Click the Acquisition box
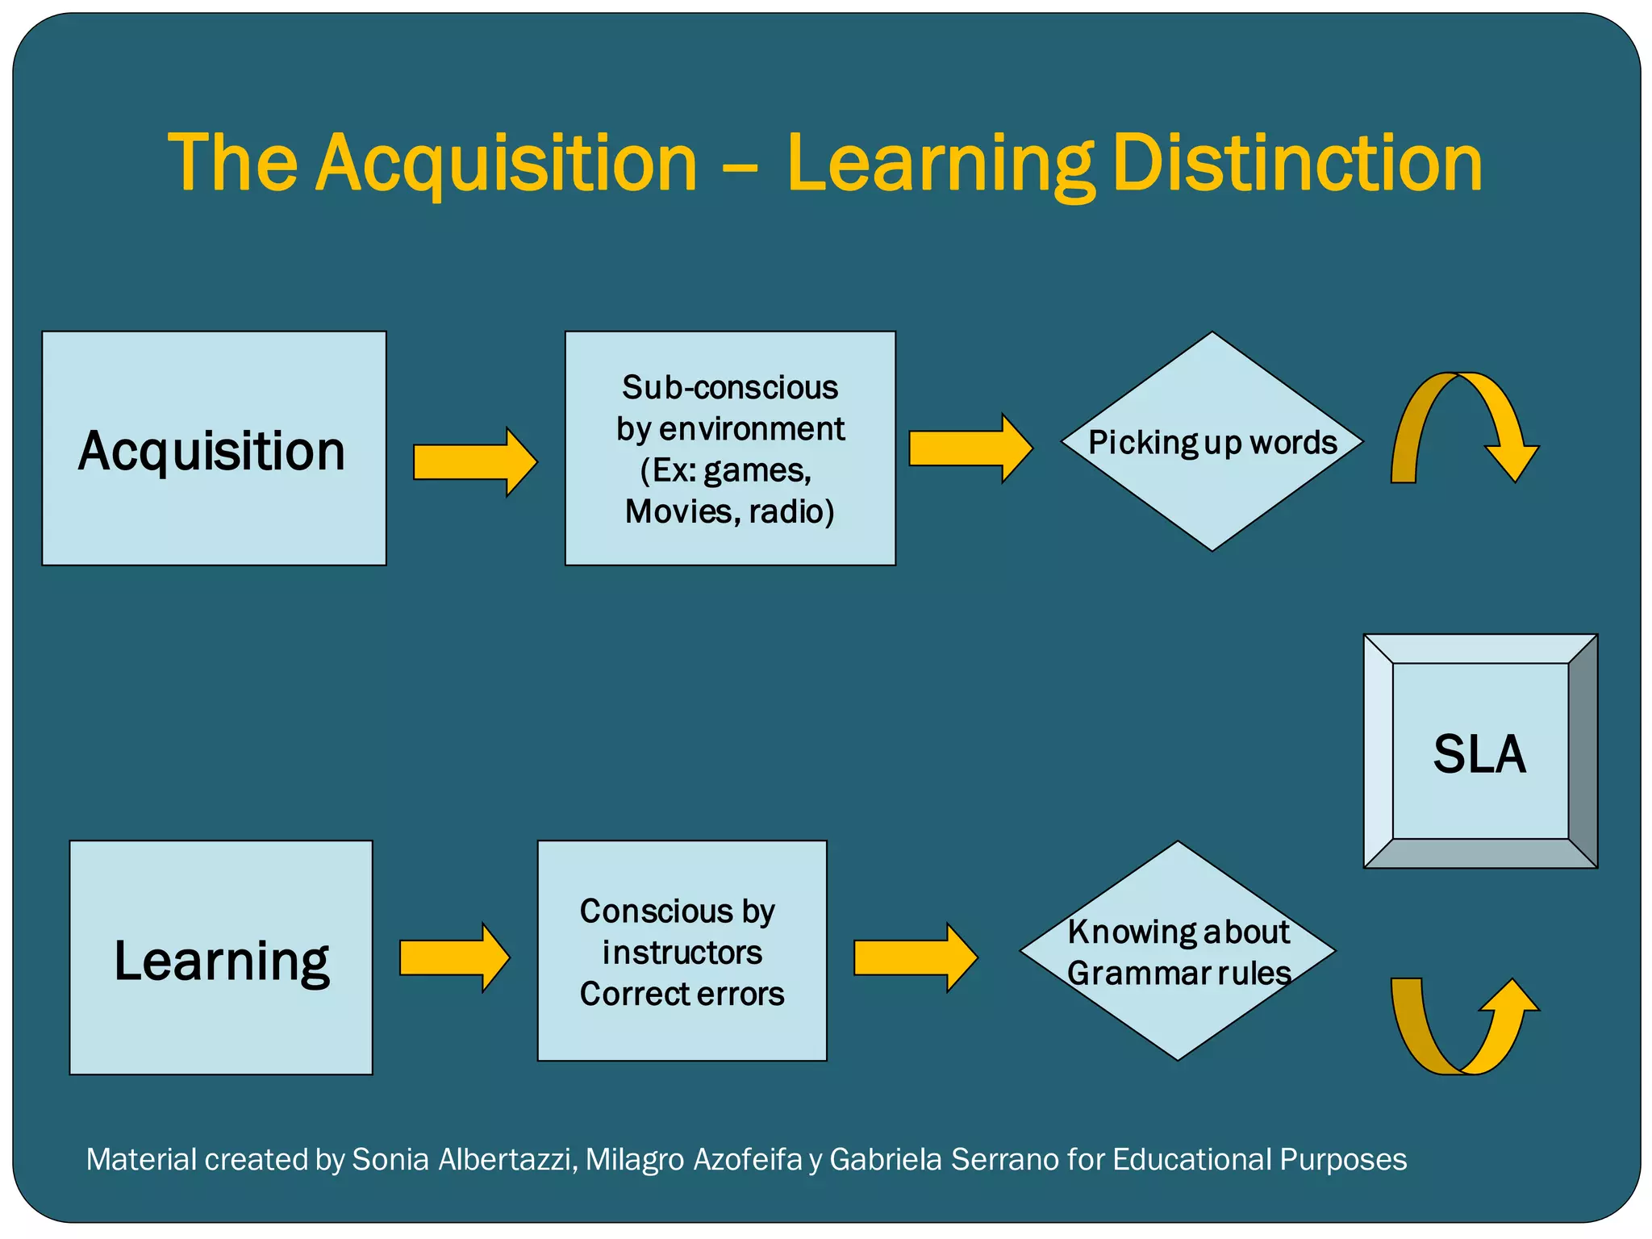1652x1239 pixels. [214, 448]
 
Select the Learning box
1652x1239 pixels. [221, 957]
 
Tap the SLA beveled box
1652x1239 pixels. [1480, 752]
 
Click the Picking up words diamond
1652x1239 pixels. [1212, 441]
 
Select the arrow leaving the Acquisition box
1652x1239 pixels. [474, 462]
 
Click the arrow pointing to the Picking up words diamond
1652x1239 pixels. [970, 448]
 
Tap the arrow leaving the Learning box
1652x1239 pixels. [454, 957]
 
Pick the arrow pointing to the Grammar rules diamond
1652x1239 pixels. [915, 957]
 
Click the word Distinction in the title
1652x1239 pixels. [1297, 164]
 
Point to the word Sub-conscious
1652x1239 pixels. [730, 388]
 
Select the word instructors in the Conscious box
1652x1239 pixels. [682, 953]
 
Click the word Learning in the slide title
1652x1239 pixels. [941, 164]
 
